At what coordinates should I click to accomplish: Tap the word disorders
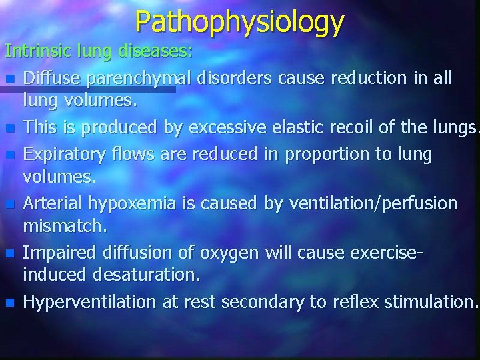click(x=233, y=79)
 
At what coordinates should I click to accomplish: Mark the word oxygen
click(x=227, y=253)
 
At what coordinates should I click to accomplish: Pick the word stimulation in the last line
click(x=431, y=302)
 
